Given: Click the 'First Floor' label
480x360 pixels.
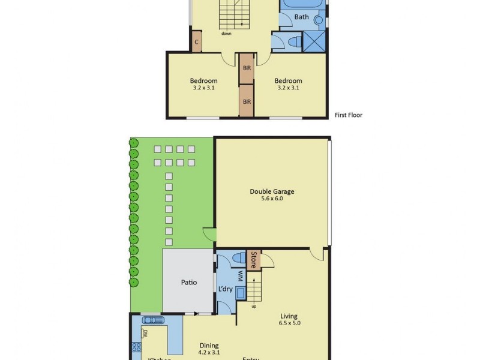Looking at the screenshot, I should click(x=349, y=115).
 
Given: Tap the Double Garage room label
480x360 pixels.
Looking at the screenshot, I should click(x=272, y=192).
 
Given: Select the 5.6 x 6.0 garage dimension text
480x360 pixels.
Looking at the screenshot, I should click(x=272, y=199).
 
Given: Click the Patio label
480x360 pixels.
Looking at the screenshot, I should click(x=190, y=283).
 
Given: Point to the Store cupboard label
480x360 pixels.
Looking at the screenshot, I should click(x=254, y=259).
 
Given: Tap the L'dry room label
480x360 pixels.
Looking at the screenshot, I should click(x=226, y=289).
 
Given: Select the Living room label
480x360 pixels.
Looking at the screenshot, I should click(x=288, y=316).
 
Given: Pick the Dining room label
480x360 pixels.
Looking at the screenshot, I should click(x=209, y=346).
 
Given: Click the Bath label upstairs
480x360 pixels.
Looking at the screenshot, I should click(x=301, y=17).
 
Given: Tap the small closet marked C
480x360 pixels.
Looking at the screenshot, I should click(x=196, y=42).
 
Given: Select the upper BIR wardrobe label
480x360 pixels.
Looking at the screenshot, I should click(x=247, y=68).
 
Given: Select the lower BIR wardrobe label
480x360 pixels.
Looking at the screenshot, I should click(x=247, y=102).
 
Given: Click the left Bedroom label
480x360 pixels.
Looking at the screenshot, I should click(x=204, y=81).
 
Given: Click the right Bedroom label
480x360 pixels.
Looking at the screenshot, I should click(x=288, y=81).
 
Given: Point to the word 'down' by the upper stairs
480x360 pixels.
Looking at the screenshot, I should click(x=226, y=34).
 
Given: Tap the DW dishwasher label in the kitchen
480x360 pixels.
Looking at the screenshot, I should click(x=145, y=334).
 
